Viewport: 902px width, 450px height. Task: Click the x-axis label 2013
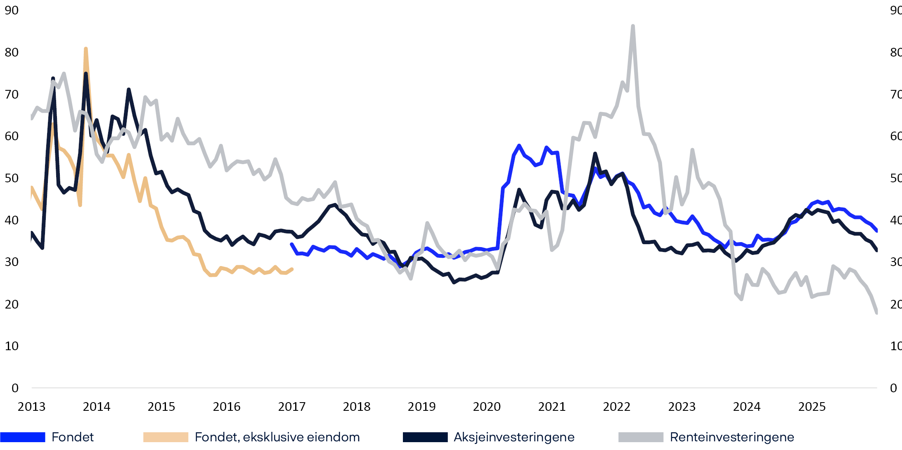[x=31, y=407]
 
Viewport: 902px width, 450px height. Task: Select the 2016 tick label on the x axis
[x=227, y=407]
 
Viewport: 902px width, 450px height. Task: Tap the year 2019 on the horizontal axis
[x=421, y=407]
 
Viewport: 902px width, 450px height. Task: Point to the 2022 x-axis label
[x=617, y=407]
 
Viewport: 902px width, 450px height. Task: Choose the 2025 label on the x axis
[x=812, y=407]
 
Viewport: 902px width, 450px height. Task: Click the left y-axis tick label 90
[x=12, y=10]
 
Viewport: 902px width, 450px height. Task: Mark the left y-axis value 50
[x=12, y=178]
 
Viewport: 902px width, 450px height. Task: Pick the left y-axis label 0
[x=15, y=388]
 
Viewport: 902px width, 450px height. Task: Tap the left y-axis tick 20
[x=12, y=304]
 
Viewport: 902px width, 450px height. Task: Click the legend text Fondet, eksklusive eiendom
[x=277, y=437]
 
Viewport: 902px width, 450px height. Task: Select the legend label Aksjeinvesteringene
[x=514, y=437]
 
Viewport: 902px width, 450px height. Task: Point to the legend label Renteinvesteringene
[x=732, y=437]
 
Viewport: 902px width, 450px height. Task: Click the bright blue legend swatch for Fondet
[x=23, y=437]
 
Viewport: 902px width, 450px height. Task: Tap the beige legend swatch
[x=166, y=437]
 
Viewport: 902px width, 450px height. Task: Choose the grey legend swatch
[x=641, y=437]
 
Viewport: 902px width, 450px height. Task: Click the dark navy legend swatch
[x=425, y=437]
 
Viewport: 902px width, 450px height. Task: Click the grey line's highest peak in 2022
[x=633, y=26]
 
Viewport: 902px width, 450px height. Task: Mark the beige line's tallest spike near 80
[x=85, y=49]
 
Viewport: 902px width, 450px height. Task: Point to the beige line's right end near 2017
[x=292, y=269]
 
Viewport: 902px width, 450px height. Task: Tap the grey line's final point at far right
[x=876, y=313]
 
